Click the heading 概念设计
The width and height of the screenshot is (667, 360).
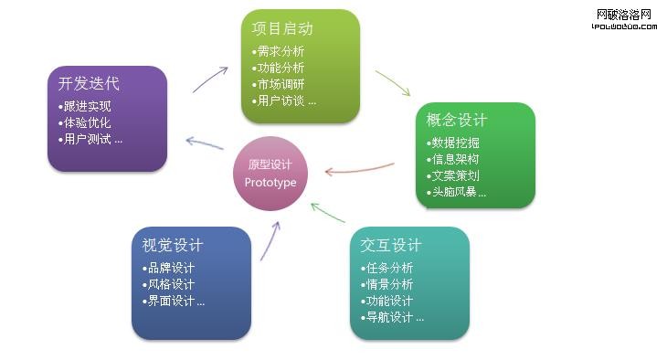(457, 121)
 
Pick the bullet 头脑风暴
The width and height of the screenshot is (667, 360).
(458, 192)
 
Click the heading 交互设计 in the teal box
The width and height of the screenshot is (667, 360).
(390, 246)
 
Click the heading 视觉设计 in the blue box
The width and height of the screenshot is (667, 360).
(172, 246)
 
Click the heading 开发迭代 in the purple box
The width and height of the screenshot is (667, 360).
(88, 84)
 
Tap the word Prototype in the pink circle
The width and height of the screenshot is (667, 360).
(271, 183)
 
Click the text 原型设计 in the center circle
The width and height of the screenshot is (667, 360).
(271, 165)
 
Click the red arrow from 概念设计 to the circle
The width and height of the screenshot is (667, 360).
(360, 168)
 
